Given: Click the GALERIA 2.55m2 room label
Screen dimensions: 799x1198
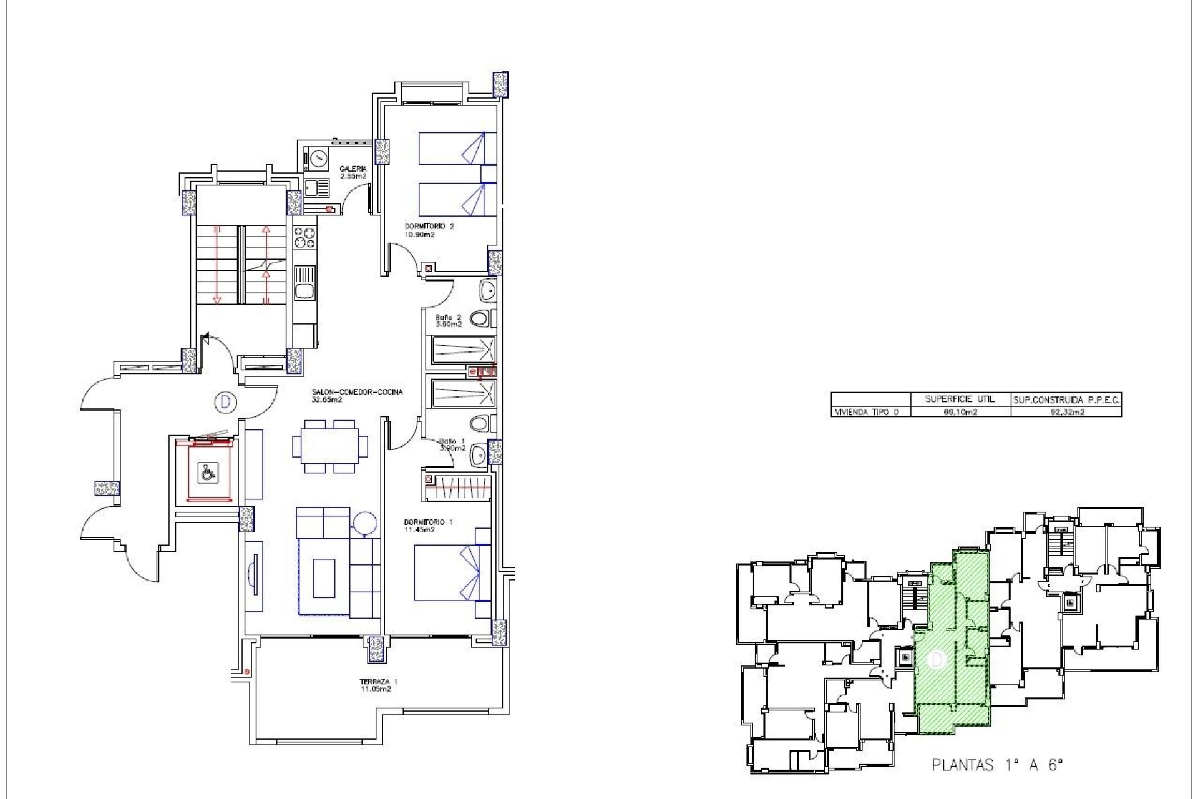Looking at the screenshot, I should click(x=353, y=172).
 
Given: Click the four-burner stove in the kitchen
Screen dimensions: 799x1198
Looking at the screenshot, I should click(x=305, y=237).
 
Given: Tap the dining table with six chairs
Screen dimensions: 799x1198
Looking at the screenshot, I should click(x=329, y=446).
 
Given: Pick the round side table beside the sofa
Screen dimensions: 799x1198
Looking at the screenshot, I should click(x=364, y=523).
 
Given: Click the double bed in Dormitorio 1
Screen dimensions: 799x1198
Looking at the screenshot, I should click(x=450, y=573).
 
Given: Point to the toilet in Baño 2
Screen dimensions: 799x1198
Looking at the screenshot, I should click(x=480, y=320).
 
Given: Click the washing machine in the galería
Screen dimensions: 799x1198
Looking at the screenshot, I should click(x=318, y=159).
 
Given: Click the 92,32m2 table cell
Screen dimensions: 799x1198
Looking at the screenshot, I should click(x=1066, y=413).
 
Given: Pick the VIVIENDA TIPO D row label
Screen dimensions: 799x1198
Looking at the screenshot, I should click(x=868, y=413).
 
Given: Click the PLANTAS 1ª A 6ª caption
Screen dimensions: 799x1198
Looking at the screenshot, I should click(x=996, y=765).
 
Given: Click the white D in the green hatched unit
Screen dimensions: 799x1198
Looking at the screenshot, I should click(x=936, y=660).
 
